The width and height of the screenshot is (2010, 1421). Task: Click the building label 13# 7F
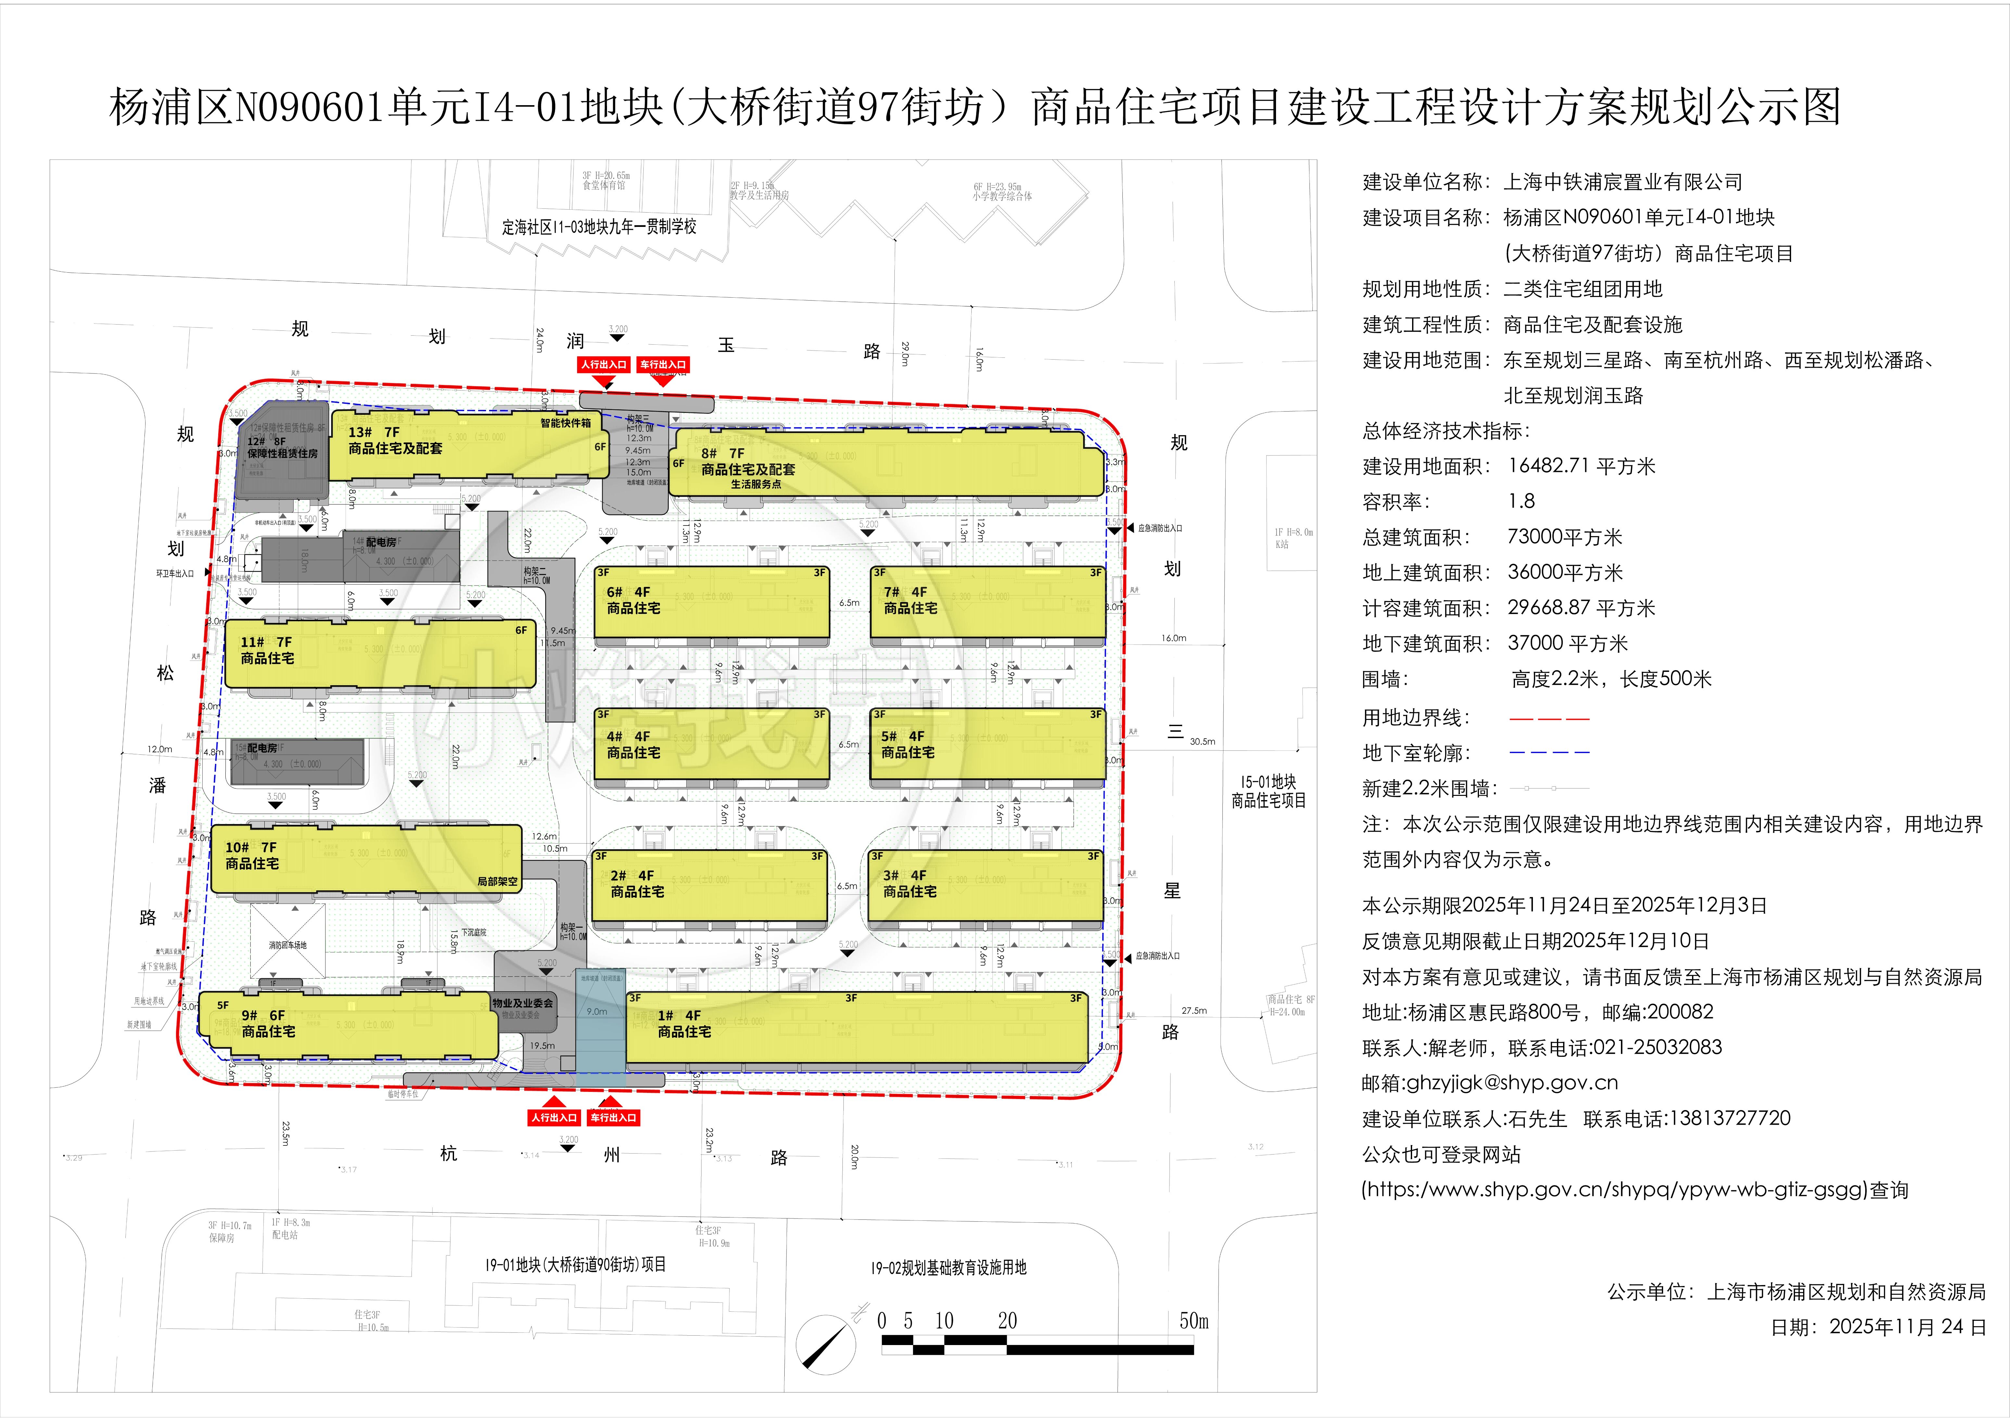point(374,432)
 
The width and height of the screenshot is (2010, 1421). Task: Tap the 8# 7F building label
point(723,453)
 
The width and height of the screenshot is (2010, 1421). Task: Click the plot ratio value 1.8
point(1522,501)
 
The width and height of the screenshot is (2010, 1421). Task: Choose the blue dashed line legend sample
point(1549,752)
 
